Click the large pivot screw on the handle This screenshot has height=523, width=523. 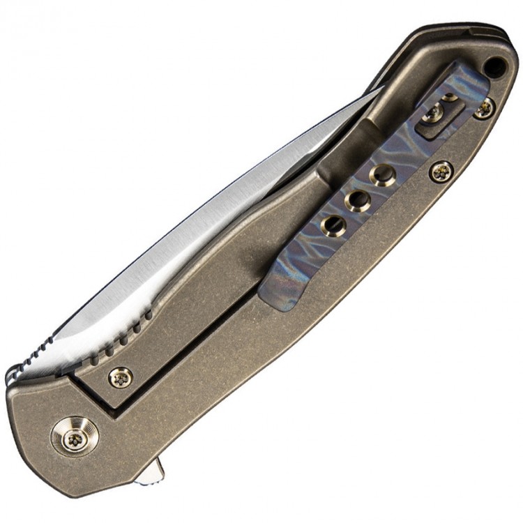click(x=74, y=437)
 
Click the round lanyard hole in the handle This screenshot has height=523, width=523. click(x=496, y=68)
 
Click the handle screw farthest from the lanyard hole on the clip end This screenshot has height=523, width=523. click(x=441, y=169)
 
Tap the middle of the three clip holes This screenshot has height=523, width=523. click(x=357, y=200)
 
